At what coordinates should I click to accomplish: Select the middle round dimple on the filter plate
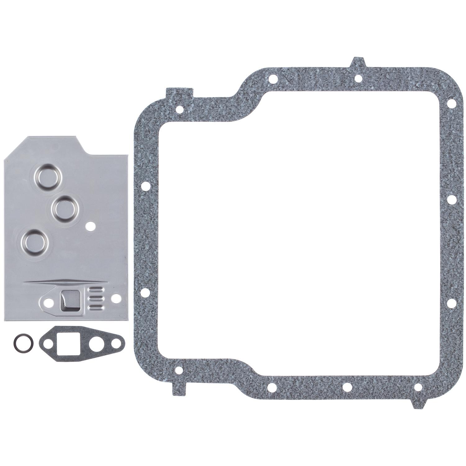point(64,208)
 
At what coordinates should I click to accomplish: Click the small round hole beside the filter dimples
point(90,226)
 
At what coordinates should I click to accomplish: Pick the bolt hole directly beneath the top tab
point(358,78)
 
